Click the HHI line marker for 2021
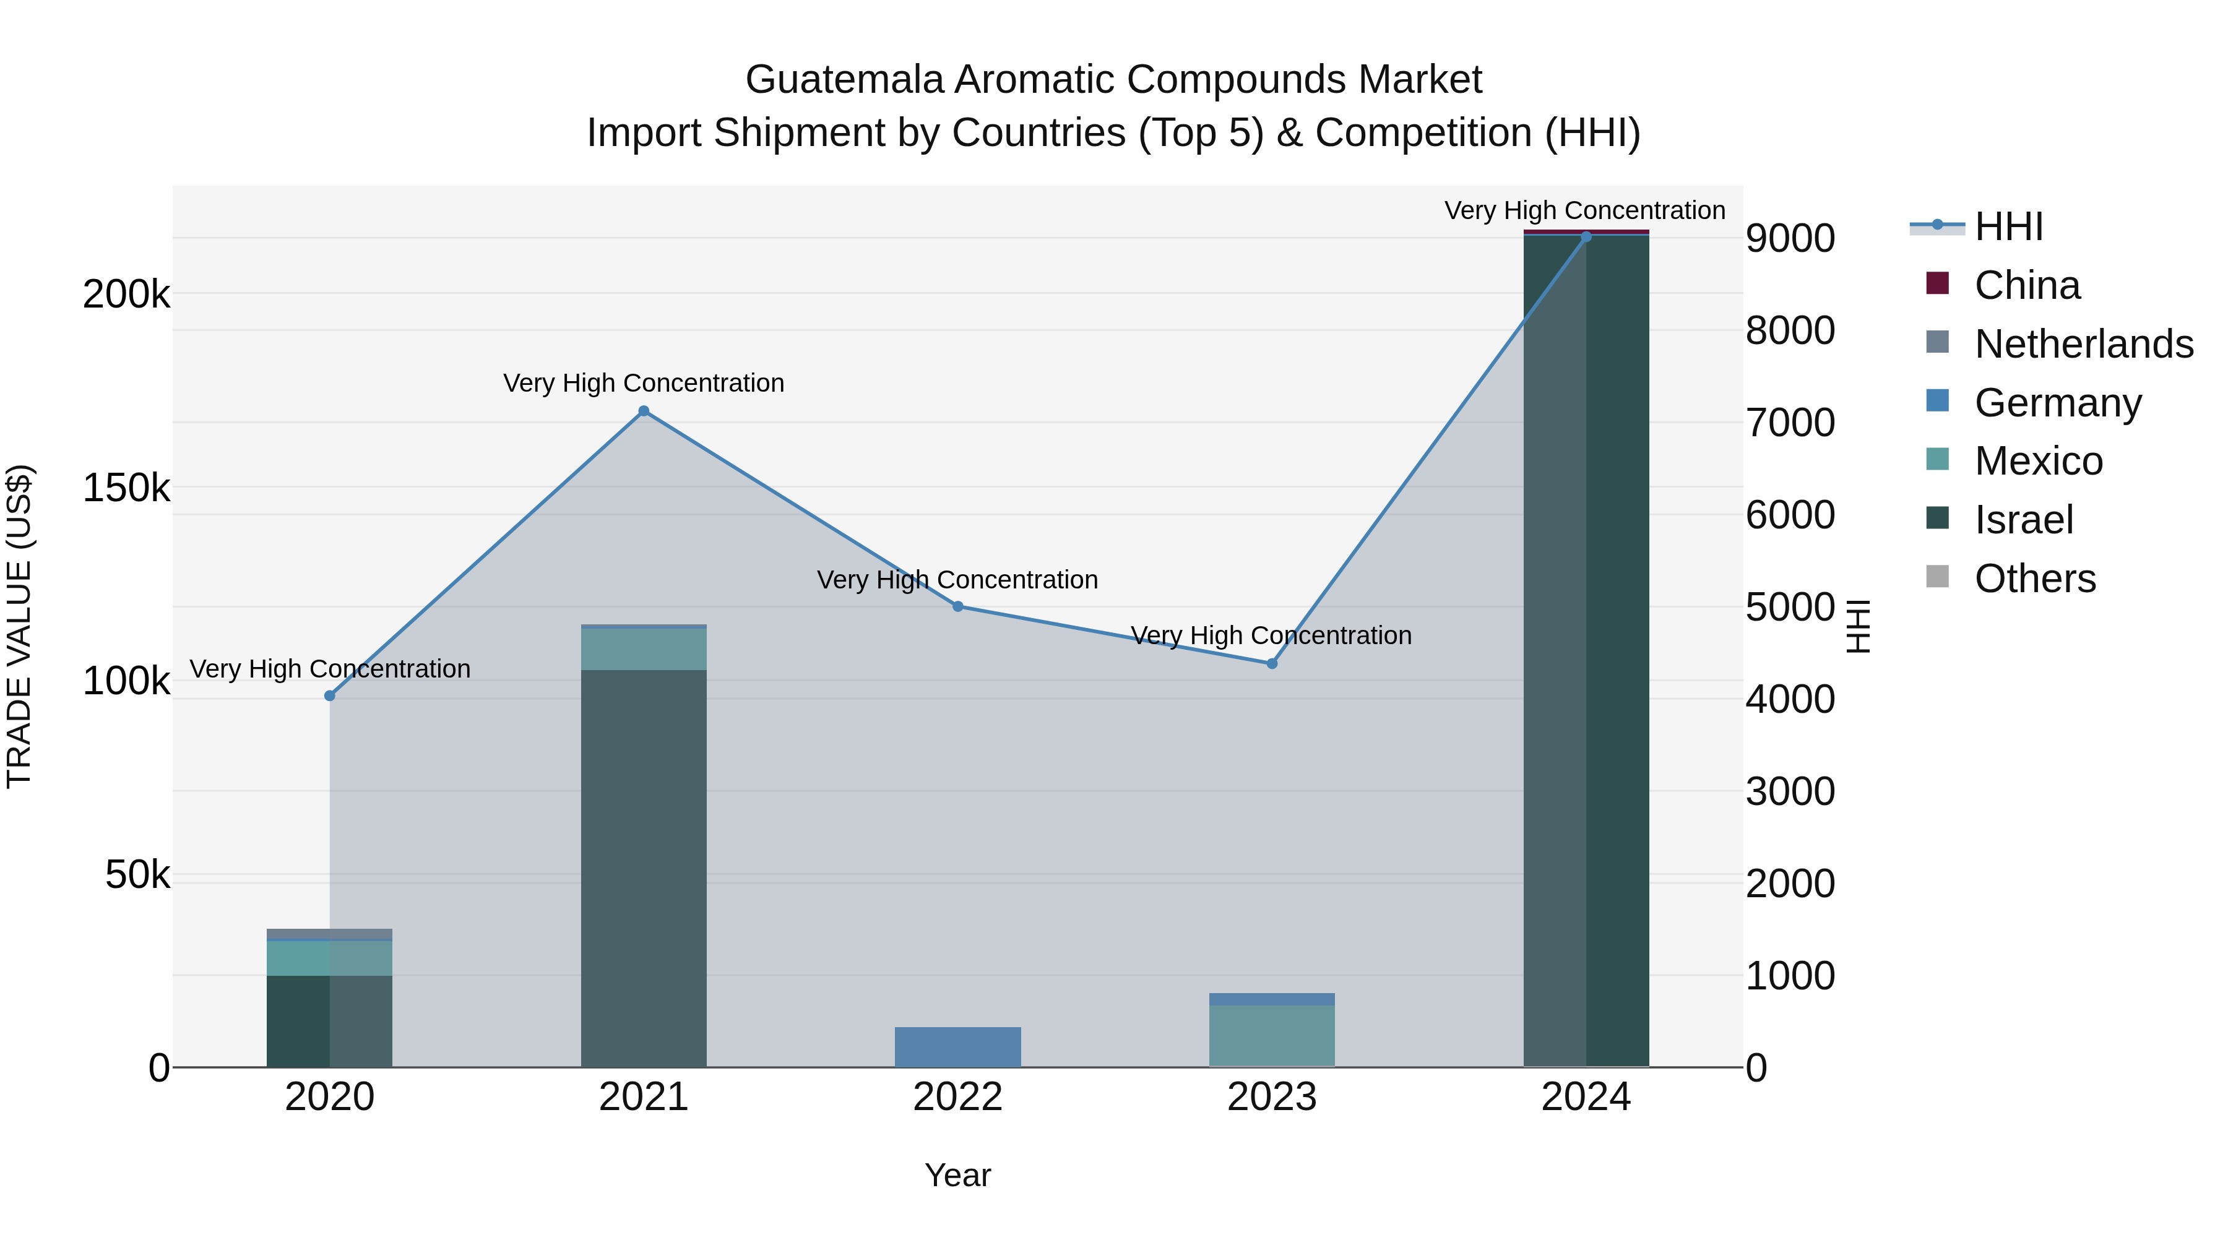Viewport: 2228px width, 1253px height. (x=644, y=411)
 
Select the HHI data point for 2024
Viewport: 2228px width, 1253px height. (x=1586, y=237)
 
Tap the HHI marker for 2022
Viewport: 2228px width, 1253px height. (x=957, y=606)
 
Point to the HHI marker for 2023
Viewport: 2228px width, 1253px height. (x=1271, y=663)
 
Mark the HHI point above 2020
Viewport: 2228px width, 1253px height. (x=329, y=695)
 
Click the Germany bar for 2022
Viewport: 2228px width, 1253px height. (x=957, y=1046)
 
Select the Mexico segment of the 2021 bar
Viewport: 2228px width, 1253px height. (x=644, y=648)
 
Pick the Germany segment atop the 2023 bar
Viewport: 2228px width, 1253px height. (x=1271, y=999)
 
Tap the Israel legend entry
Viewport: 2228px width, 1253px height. (x=2023, y=520)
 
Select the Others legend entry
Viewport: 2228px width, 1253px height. (x=2034, y=579)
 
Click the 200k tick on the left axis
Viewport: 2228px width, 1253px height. (x=126, y=295)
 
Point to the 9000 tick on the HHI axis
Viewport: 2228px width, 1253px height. (x=1789, y=239)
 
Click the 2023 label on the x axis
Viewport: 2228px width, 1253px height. (x=1271, y=1097)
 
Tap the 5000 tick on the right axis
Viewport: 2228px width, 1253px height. (x=1789, y=607)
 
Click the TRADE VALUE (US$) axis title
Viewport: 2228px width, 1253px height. (x=20, y=626)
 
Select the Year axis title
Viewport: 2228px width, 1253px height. (x=957, y=1175)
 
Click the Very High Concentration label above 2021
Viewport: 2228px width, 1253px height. (x=644, y=383)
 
